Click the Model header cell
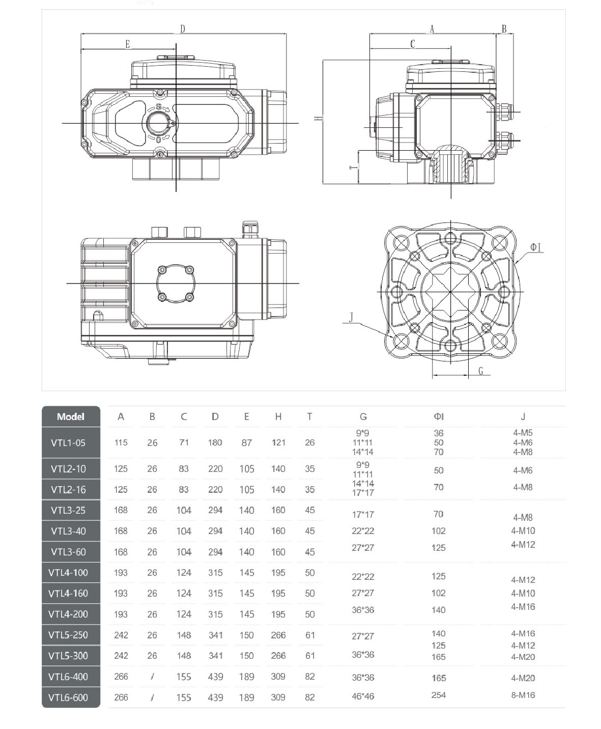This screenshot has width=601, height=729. pos(71,416)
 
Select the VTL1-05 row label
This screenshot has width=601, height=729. pos(68,443)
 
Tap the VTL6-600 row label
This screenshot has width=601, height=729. pos(68,697)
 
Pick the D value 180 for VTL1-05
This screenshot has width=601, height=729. pos(215,443)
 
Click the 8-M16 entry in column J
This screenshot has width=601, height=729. pos(523,695)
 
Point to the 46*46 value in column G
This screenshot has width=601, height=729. pos(363,696)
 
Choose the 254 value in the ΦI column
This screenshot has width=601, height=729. pos(438,695)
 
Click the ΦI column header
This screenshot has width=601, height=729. pos(438,416)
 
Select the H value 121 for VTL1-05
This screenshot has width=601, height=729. pos(278,443)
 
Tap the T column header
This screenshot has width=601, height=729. pos(309,416)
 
